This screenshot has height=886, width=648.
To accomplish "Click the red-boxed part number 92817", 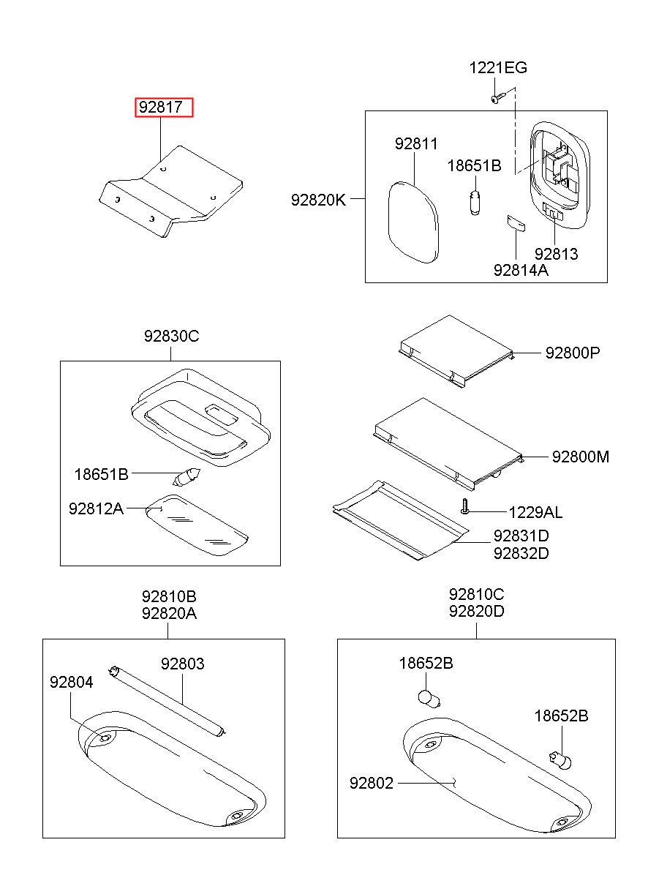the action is (160, 108).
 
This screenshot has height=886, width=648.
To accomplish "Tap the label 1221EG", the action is (498, 68).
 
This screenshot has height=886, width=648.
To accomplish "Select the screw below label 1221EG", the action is (500, 97).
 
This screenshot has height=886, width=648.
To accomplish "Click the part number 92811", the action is (416, 144).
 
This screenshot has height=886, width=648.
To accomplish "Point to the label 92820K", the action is (318, 200).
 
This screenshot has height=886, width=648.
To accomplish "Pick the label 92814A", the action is (521, 270).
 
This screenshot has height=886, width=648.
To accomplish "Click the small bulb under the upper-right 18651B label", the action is (475, 203).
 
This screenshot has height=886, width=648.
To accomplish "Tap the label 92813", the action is (557, 254).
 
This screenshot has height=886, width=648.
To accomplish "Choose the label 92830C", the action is (171, 337).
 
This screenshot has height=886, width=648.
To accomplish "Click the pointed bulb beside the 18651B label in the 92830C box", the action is (187, 476).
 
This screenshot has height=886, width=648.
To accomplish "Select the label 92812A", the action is (96, 508).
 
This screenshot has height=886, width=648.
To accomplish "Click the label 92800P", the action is (573, 353).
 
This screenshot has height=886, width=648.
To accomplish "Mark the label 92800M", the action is (581, 457).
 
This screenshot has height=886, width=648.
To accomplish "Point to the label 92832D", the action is (521, 554).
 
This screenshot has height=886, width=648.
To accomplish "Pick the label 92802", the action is (372, 783).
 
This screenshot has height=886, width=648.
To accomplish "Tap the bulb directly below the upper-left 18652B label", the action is (429, 699).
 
